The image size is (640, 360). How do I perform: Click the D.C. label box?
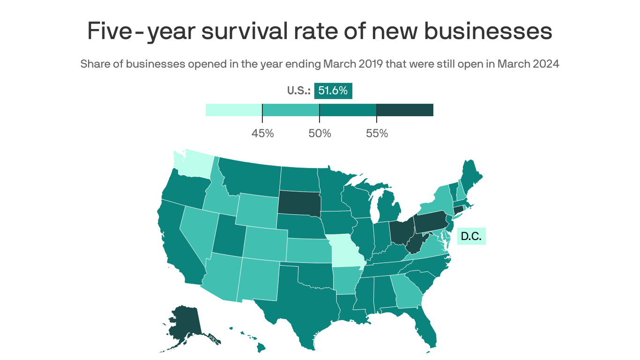coord(471,236)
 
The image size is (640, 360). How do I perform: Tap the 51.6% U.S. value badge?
coord(333,91)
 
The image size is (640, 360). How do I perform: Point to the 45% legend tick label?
coord(262,134)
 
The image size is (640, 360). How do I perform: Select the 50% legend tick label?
coord(320,134)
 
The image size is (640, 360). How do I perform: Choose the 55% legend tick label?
coord(377,134)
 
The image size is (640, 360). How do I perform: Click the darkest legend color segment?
coord(405,110)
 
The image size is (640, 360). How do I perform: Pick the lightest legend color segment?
coord(233,110)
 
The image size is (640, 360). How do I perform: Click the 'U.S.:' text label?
coord(299,91)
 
